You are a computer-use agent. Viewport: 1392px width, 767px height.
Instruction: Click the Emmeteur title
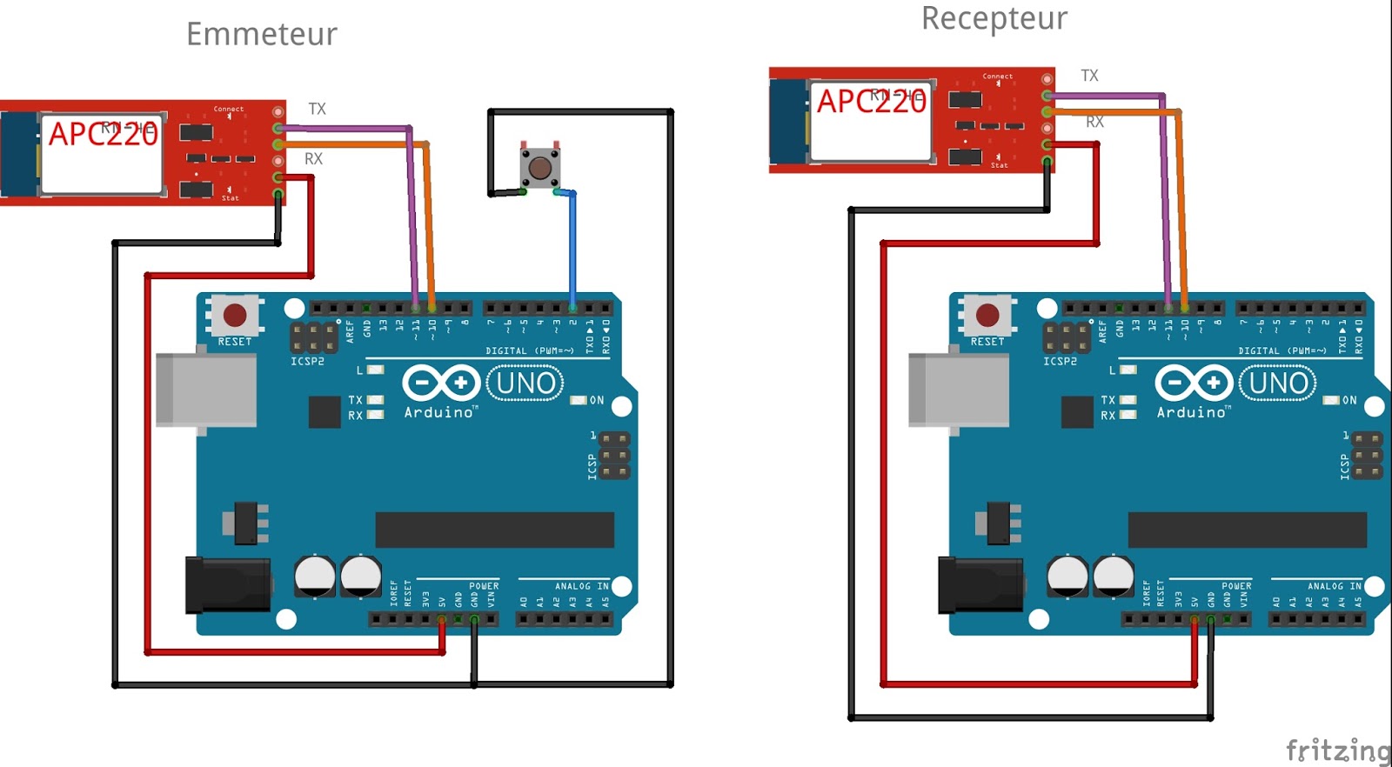pyautogui.click(x=261, y=35)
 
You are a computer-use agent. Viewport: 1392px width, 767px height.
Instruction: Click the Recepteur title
pyautogui.click(x=994, y=18)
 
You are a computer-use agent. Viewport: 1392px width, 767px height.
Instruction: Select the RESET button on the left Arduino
pyautogui.click(x=235, y=315)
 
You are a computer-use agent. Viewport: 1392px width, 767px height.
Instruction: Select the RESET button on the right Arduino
pyautogui.click(x=987, y=315)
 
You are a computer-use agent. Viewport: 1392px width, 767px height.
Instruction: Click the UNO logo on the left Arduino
pyautogui.click(x=525, y=383)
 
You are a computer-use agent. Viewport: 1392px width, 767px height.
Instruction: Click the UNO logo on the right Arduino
pyautogui.click(x=1278, y=383)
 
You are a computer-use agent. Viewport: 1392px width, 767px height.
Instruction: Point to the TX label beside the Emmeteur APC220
pyautogui.click(x=317, y=110)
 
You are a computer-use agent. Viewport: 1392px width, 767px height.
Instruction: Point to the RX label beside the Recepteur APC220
pyautogui.click(x=1094, y=123)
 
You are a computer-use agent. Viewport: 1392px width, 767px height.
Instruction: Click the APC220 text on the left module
pyautogui.click(x=103, y=134)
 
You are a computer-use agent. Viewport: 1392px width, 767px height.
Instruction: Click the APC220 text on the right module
pyautogui.click(x=871, y=102)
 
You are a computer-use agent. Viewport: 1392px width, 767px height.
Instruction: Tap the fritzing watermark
pyautogui.click(x=1337, y=750)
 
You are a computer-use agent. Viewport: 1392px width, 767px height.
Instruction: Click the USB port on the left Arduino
pyautogui.click(x=205, y=390)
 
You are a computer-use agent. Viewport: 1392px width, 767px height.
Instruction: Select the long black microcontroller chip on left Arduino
pyautogui.click(x=494, y=530)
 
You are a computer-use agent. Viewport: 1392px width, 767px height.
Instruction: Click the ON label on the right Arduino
pyautogui.click(x=1349, y=401)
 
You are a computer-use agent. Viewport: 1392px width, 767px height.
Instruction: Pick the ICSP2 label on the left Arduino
pyautogui.click(x=307, y=361)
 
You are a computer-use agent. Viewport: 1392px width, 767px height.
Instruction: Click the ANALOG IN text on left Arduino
pyautogui.click(x=582, y=586)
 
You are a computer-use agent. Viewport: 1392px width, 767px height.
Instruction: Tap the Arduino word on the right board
pyautogui.click(x=1191, y=412)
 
